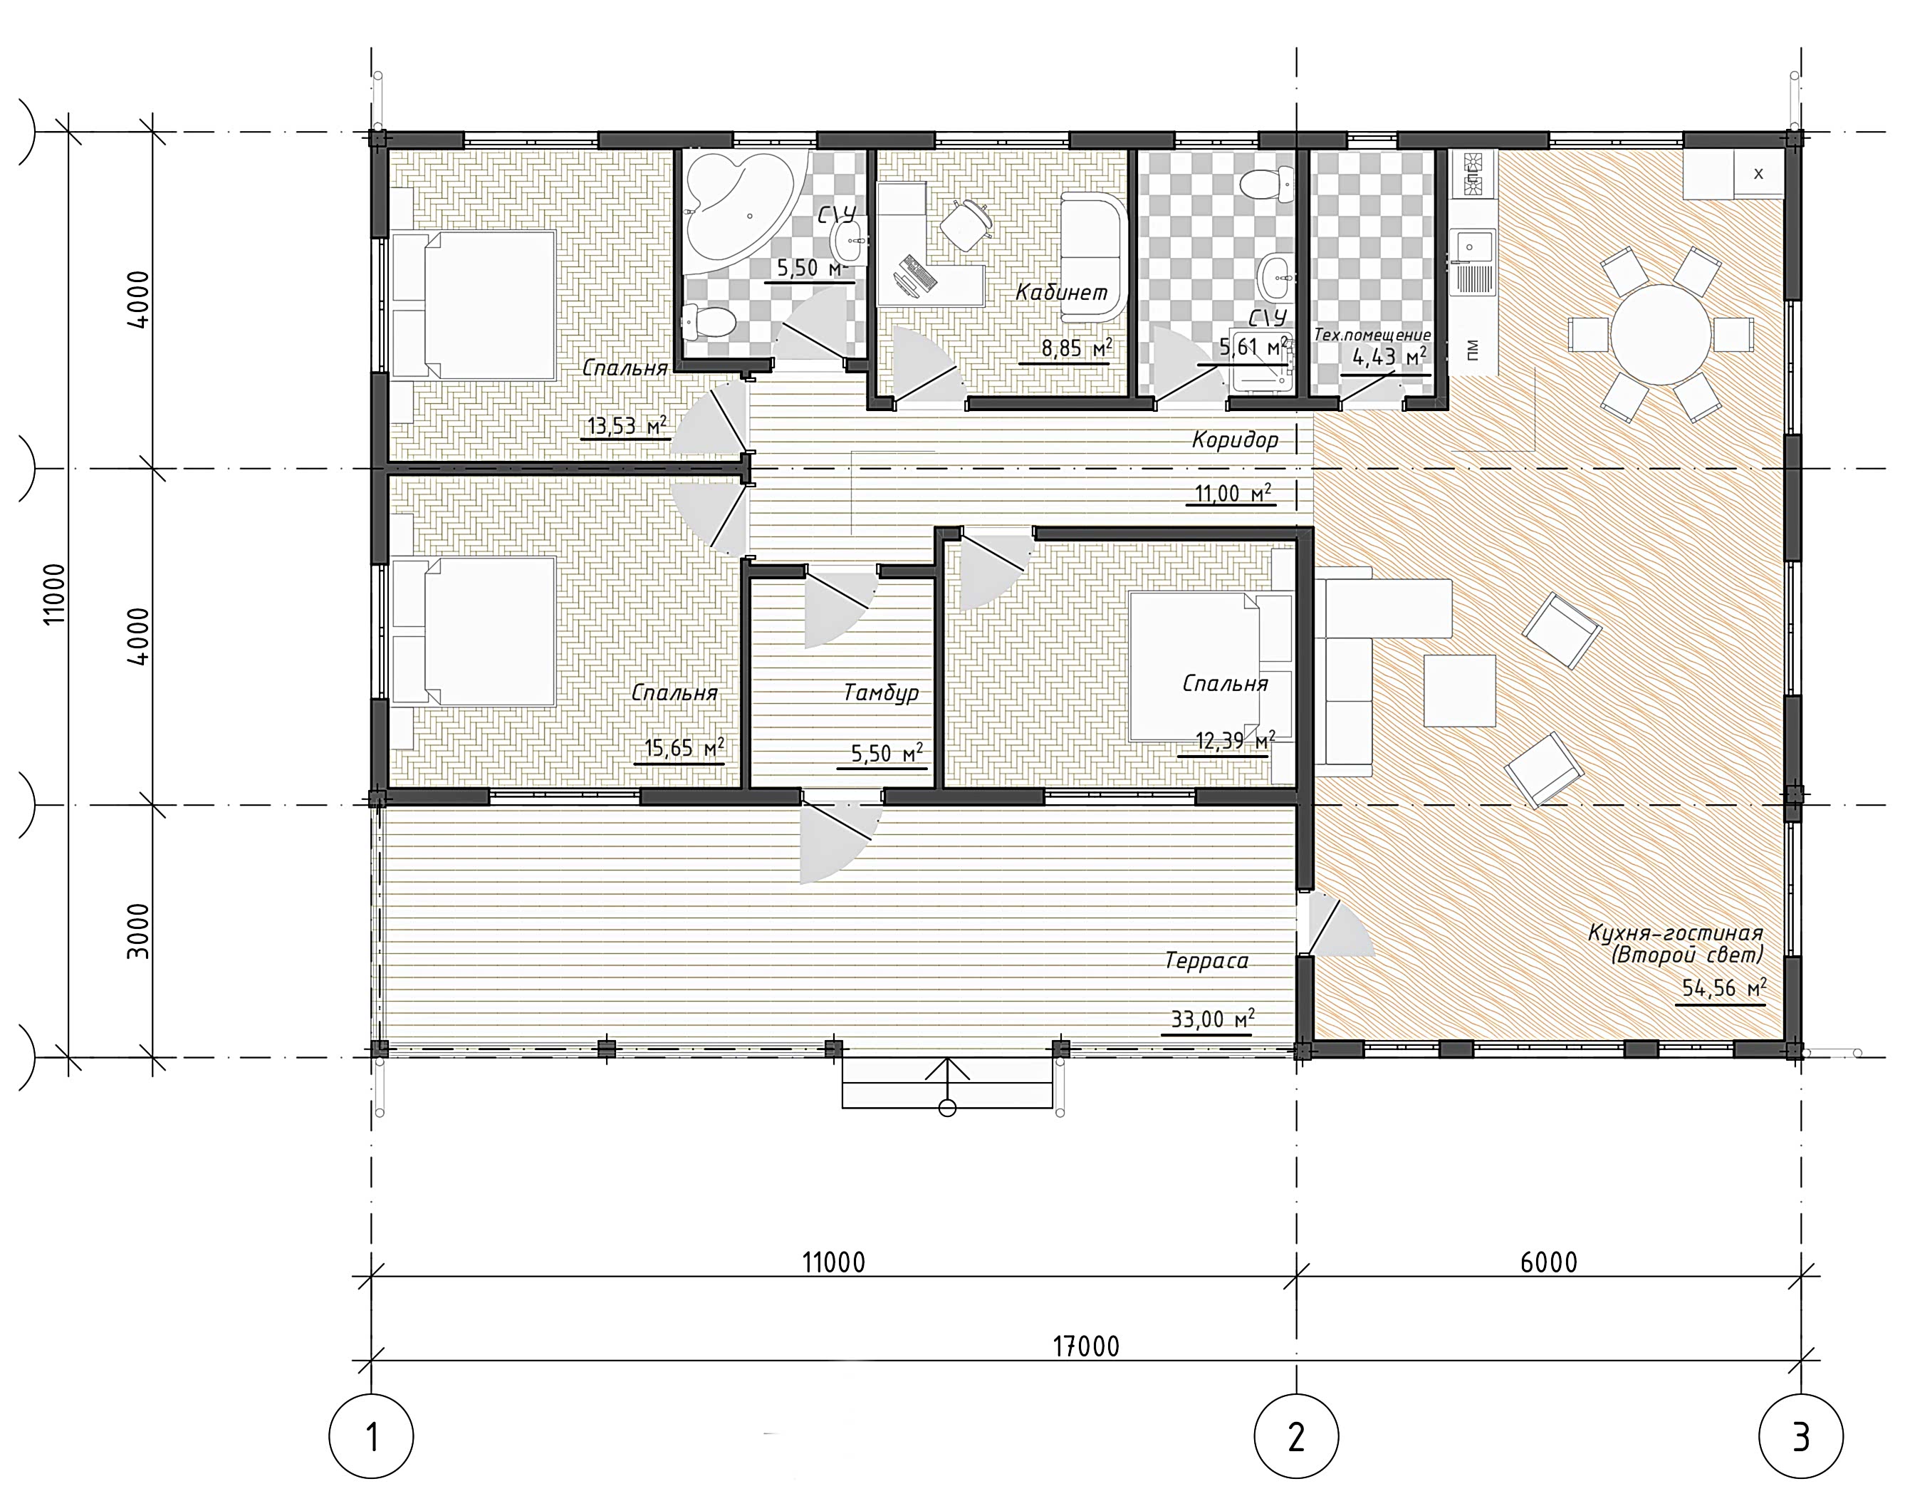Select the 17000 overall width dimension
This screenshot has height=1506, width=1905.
[x=1086, y=1346]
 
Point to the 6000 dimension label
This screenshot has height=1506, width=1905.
[x=1549, y=1262]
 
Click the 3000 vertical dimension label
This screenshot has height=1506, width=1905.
[x=138, y=931]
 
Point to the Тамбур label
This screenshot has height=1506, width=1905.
[x=881, y=693]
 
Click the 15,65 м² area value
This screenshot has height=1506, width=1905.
[x=684, y=749]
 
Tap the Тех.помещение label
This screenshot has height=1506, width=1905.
[x=1372, y=335]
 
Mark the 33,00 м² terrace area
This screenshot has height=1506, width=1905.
[x=1212, y=1019]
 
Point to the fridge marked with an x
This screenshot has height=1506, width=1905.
[x=1758, y=174]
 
